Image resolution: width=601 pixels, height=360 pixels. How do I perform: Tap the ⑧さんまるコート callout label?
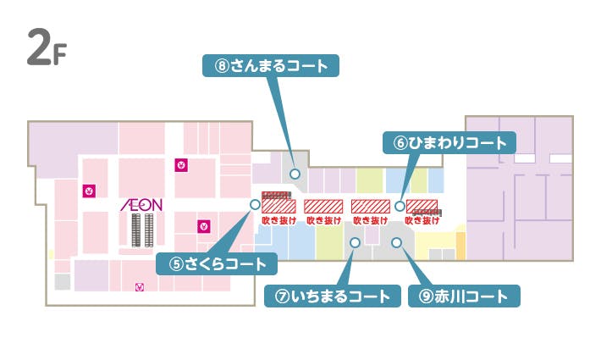[271, 66]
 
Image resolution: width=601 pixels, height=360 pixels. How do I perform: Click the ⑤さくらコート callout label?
[218, 264]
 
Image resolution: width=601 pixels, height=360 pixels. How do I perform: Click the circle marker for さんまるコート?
[295, 173]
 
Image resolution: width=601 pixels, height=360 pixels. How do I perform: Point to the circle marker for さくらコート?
[254, 204]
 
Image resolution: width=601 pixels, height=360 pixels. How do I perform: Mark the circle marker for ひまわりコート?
[400, 204]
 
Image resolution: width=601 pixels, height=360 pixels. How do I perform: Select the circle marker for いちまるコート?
[355, 242]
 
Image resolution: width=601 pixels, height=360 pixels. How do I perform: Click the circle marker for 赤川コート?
[396, 242]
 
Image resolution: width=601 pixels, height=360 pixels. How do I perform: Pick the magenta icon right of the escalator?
[203, 225]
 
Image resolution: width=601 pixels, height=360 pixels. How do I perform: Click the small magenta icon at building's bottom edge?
[140, 287]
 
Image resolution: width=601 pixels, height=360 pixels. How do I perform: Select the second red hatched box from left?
[323, 206]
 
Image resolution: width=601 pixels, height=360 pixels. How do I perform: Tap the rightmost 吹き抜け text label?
[422, 220]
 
